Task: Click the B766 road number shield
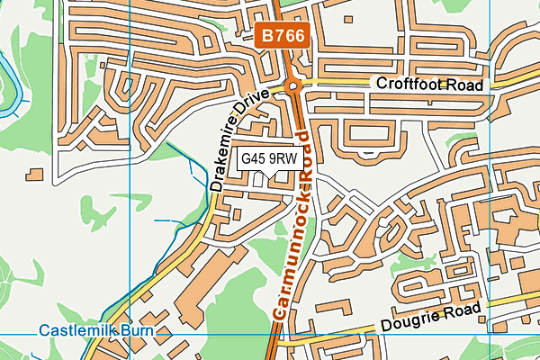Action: [286, 36]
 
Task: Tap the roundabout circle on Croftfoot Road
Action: [292, 86]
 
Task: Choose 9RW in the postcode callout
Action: [283, 159]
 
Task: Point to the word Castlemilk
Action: [76, 332]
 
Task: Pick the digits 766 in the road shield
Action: [292, 36]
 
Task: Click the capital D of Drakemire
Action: [216, 184]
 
